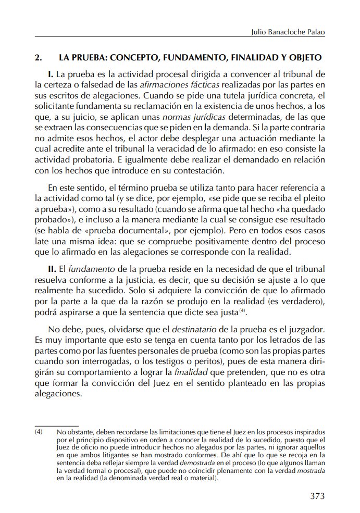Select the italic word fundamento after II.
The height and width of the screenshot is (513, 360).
click(87, 269)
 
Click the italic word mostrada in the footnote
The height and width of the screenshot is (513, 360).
click(311, 471)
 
